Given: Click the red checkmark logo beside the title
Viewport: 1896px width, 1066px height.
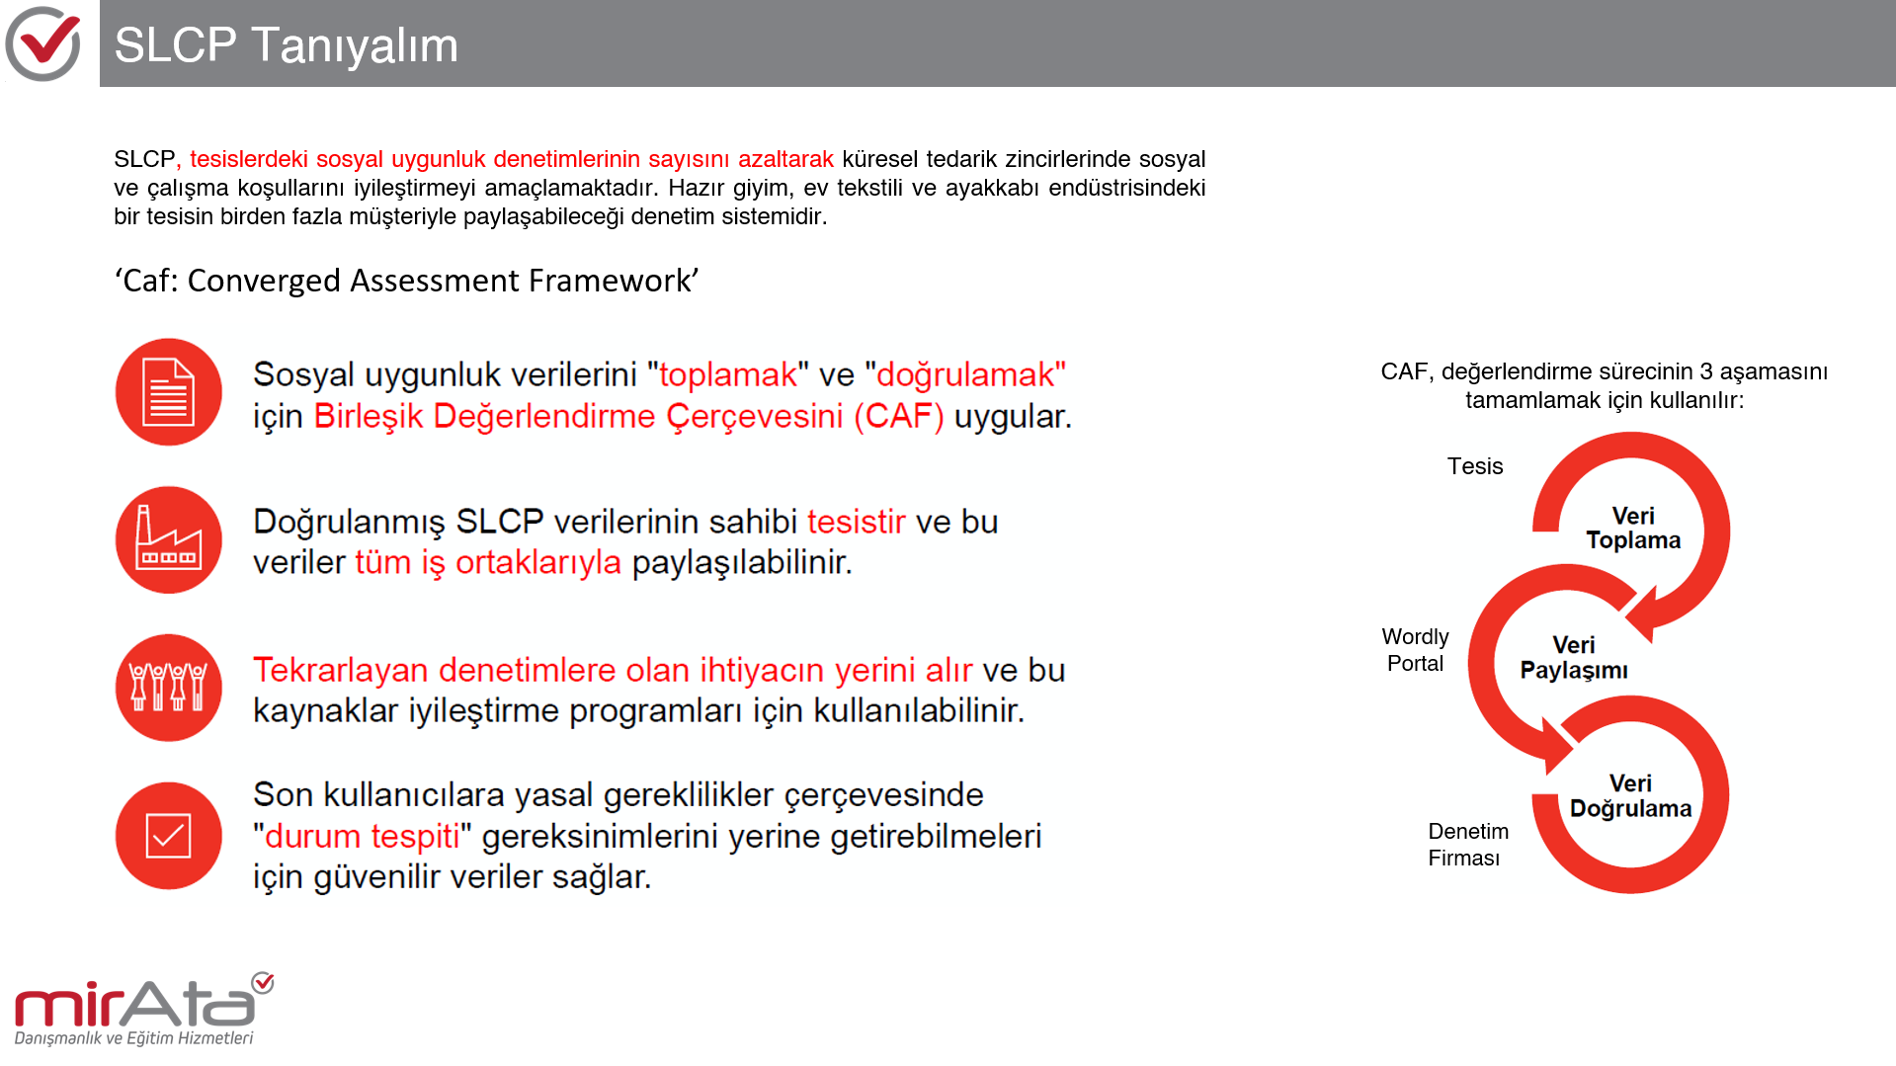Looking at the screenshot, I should click(x=42, y=43).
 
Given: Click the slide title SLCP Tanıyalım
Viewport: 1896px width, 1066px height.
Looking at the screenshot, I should click(x=286, y=45).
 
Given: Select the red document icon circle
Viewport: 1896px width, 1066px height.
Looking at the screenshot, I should click(x=169, y=392).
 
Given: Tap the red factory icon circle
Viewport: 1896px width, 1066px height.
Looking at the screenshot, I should click(x=169, y=540).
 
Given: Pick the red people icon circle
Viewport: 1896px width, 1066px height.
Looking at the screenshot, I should click(x=169, y=688).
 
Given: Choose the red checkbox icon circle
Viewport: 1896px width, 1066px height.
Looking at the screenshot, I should click(x=169, y=836).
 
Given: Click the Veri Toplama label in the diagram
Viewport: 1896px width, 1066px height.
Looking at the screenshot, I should click(x=1633, y=529).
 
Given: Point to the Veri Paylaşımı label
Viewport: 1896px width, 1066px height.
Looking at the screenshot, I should click(x=1574, y=658).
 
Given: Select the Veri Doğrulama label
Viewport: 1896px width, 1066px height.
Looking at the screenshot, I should click(x=1630, y=796).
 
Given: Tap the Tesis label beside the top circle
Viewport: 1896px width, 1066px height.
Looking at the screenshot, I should click(x=1475, y=466).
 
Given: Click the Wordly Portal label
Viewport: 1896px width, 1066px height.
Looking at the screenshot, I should click(x=1415, y=650).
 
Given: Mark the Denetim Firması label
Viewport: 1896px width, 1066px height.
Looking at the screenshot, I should click(x=1467, y=845).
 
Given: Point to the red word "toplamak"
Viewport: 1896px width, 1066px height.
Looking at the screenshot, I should click(x=727, y=375).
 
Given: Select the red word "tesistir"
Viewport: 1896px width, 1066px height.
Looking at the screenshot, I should click(x=856, y=522).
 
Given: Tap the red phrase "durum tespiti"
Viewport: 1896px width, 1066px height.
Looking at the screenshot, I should click(x=362, y=837).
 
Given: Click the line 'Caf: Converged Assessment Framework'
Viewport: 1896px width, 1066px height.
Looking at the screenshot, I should click(x=406, y=281).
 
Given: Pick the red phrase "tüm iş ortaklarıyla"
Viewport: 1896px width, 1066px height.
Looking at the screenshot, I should click(x=488, y=563).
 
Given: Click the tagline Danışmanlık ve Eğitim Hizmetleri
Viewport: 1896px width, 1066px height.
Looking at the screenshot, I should click(x=133, y=1038).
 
